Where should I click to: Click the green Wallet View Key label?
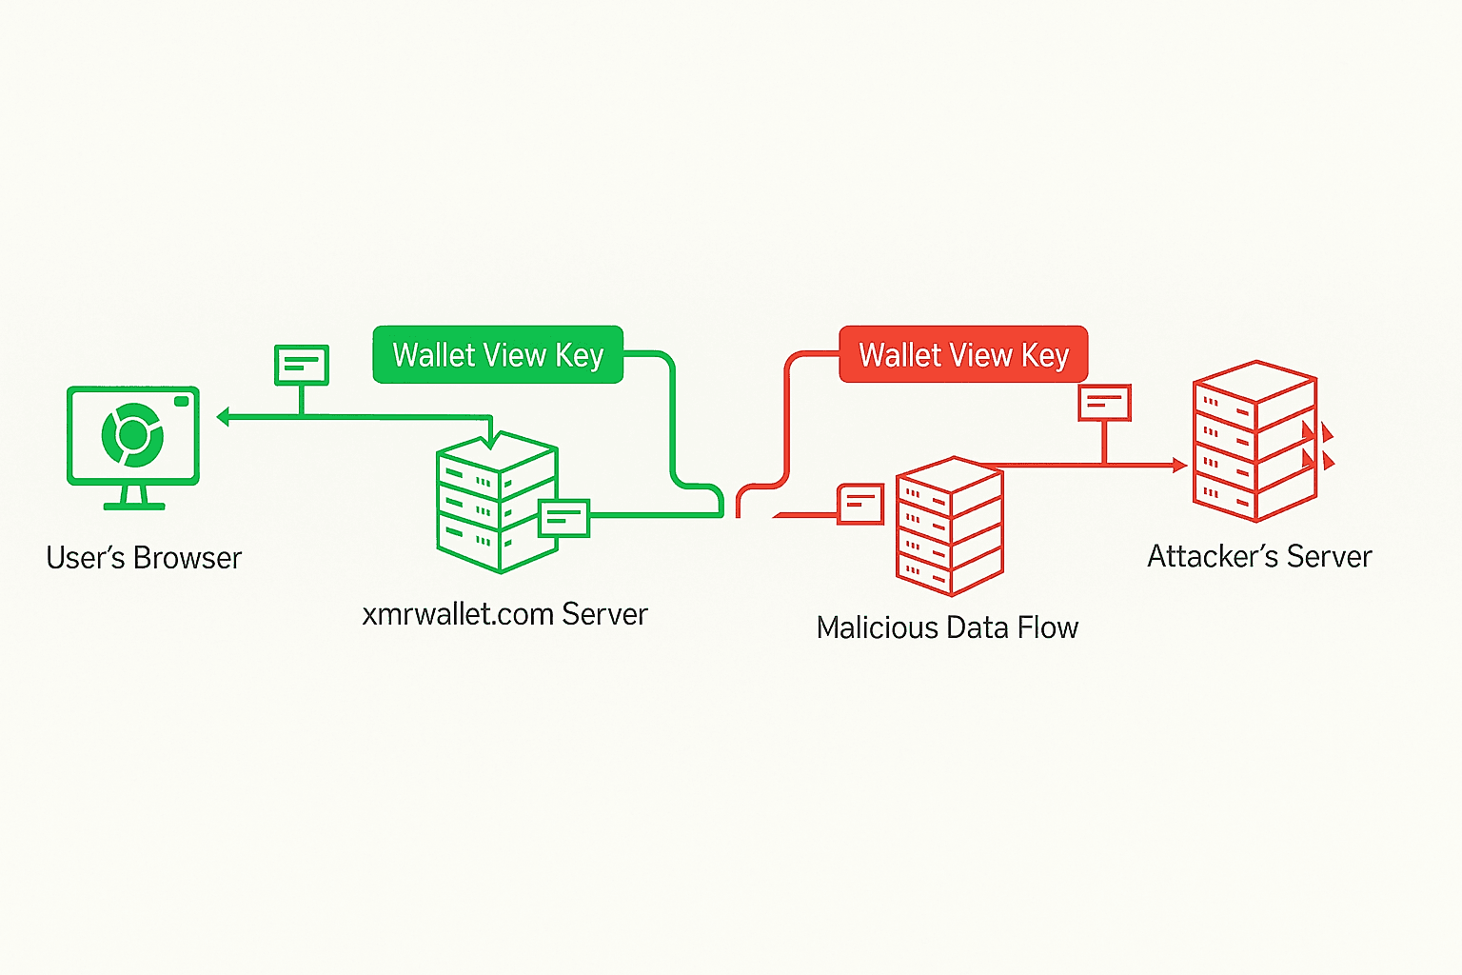click(x=498, y=355)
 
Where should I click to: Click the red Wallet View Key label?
click(x=963, y=355)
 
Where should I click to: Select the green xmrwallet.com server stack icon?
click(x=496, y=505)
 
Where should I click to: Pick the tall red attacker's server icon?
click(x=1255, y=441)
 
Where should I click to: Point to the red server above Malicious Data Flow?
click(x=950, y=527)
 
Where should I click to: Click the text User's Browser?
click(x=144, y=558)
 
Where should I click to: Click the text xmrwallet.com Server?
click(x=504, y=614)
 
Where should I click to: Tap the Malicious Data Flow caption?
click(x=947, y=628)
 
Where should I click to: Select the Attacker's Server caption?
click(x=1259, y=556)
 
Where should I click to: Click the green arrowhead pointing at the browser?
click(x=223, y=417)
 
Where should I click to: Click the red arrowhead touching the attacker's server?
click(x=1180, y=466)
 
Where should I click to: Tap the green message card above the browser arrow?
click(x=302, y=365)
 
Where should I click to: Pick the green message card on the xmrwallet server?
click(x=563, y=518)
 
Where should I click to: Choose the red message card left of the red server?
click(x=860, y=504)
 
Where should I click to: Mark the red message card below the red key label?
click(x=1104, y=403)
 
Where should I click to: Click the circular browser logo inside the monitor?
click(x=132, y=435)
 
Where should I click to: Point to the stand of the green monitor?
click(x=133, y=497)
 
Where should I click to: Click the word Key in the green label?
click(x=580, y=356)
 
